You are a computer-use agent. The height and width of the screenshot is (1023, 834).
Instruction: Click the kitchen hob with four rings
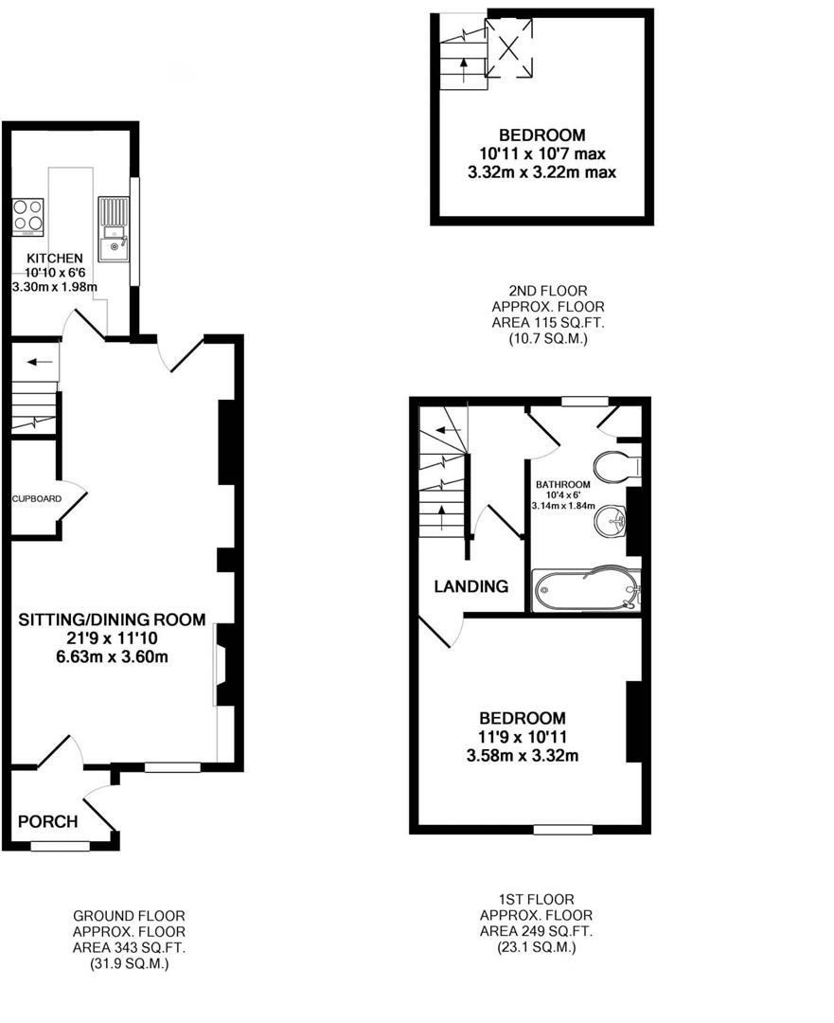tap(27, 216)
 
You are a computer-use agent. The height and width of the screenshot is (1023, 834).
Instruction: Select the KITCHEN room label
tap(54, 258)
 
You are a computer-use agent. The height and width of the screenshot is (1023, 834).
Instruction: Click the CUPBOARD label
tap(36, 498)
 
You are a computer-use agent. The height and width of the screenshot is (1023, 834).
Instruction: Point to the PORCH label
tap(47, 821)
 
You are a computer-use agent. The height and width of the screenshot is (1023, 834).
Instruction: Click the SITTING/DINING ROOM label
tap(113, 620)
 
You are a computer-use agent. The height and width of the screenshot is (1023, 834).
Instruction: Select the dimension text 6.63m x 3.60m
tap(113, 656)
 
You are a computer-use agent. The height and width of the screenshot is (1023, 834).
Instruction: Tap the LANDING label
tap(470, 586)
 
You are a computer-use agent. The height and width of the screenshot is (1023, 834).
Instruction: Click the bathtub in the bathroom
tap(587, 591)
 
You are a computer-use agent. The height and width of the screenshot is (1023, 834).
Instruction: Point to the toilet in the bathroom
tap(615, 466)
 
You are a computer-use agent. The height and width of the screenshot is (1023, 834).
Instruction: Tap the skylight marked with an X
tap(509, 47)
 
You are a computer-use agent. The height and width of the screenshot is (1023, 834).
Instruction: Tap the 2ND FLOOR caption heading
tap(547, 291)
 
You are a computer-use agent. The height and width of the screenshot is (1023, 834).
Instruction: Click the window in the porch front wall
tap(60, 846)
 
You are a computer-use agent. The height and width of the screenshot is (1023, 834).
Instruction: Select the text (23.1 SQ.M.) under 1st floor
tap(536, 946)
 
